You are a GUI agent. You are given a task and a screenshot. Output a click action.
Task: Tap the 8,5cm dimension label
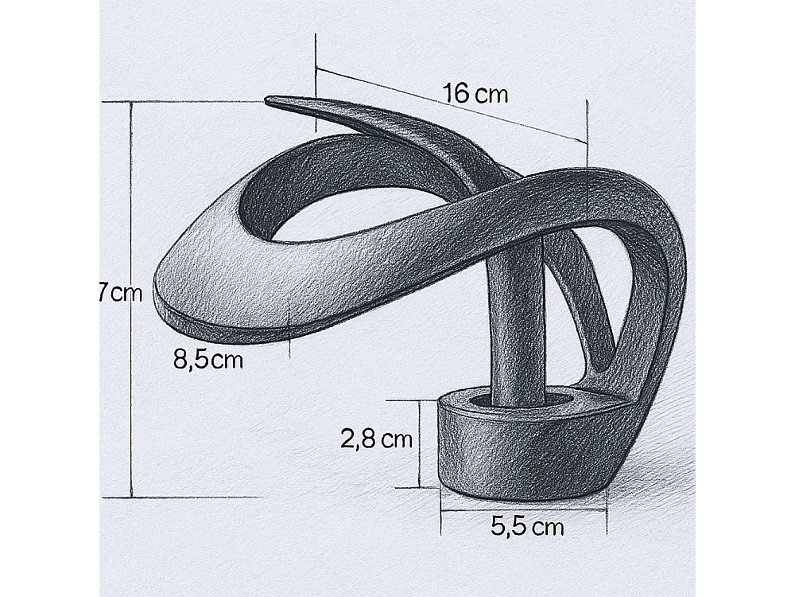click(x=207, y=360)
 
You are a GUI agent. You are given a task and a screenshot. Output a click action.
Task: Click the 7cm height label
click(x=119, y=293)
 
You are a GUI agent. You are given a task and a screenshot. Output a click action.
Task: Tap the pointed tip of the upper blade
click(x=270, y=100)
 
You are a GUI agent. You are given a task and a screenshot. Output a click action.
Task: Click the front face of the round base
click(x=509, y=454)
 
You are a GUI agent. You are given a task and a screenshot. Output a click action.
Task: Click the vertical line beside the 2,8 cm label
click(x=418, y=443)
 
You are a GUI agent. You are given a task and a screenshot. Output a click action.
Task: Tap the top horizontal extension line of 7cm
click(x=191, y=101)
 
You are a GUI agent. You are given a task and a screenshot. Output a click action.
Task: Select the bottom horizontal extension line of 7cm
click(x=191, y=497)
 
